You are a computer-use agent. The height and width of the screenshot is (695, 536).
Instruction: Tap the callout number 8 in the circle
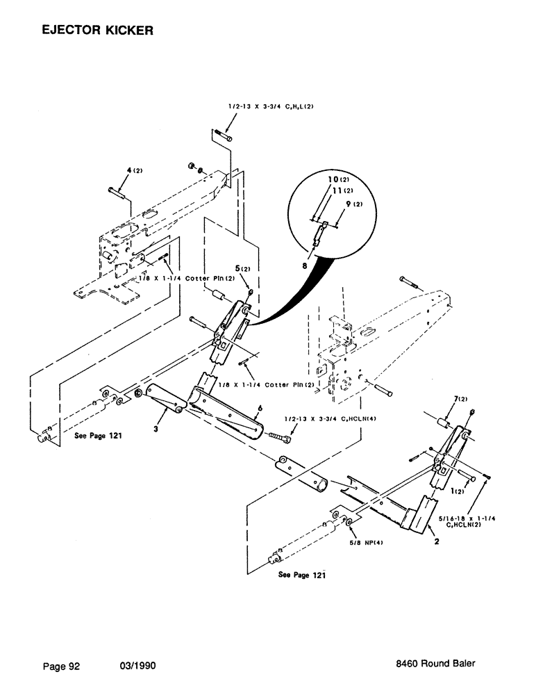click(x=303, y=265)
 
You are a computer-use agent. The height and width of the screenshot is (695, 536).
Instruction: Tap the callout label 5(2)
click(x=241, y=265)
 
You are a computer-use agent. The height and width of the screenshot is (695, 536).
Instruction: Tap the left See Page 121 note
click(x=97, y=436)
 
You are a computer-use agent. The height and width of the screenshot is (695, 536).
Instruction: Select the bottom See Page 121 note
click(x=302, y=575)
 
